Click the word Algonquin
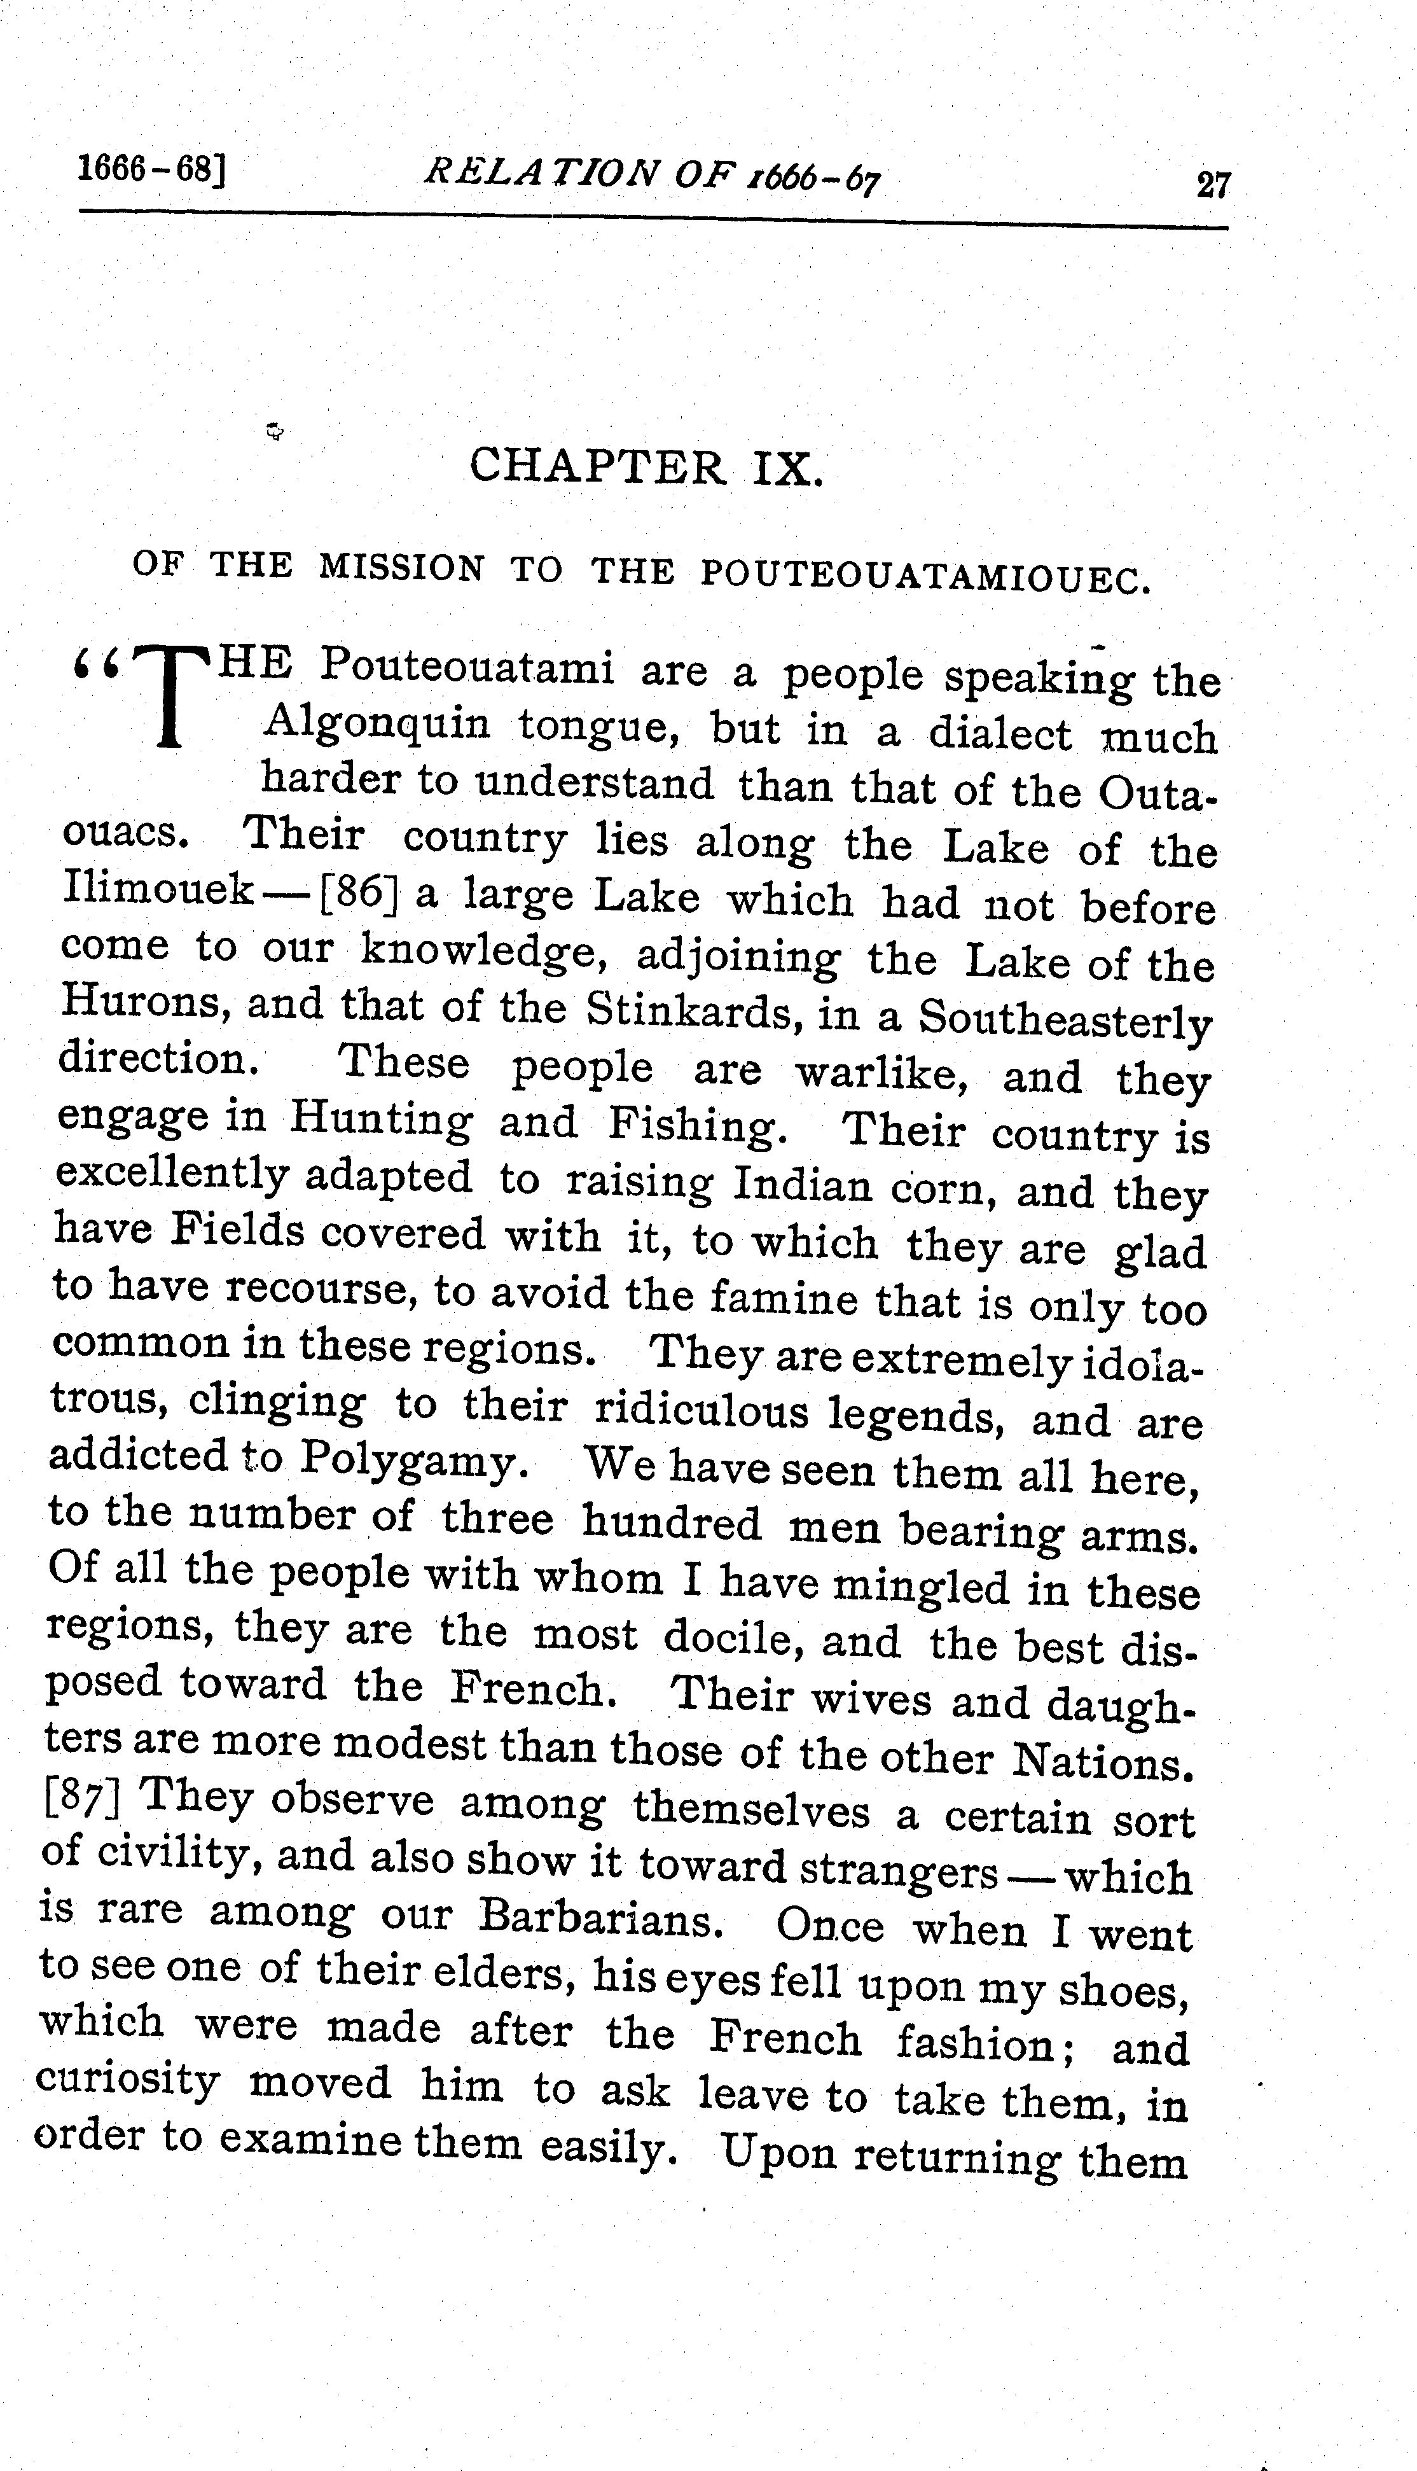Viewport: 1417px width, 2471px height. [x=378, y=723]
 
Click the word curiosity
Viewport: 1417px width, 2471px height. [x=127, y=2080]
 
